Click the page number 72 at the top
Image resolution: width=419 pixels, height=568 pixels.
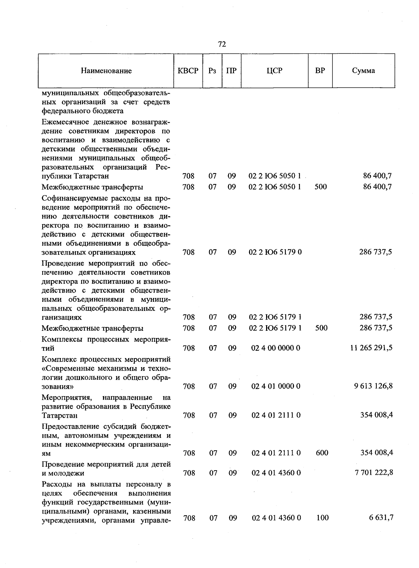222,44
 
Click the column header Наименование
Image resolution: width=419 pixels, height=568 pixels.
106,71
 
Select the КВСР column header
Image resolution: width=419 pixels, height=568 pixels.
188,71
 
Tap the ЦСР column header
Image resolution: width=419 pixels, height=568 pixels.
274,71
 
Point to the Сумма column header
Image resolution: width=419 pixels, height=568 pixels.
363,71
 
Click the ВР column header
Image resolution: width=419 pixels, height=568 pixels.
320,71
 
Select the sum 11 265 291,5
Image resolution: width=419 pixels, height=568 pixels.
371,348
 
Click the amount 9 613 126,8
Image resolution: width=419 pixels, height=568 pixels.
373,386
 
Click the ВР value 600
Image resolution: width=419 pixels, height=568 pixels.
322,453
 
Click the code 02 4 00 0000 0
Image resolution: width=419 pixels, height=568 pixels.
275,348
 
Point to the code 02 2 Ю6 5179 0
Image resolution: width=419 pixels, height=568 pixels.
275,252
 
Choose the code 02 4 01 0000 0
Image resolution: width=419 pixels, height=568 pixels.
275,386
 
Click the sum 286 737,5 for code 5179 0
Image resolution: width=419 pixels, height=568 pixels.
375,252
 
